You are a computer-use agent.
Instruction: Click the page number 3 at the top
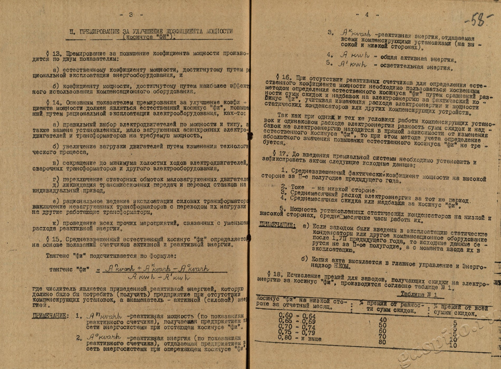[131, 15]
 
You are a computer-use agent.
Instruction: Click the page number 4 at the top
[367, 15]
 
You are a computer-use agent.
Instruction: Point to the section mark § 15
[53, 239]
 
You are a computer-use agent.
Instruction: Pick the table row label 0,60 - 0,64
[297, 316]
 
